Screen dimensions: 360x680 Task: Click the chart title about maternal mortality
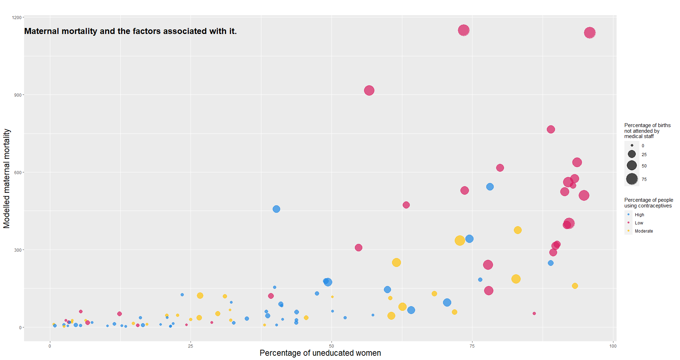tap(130, 31)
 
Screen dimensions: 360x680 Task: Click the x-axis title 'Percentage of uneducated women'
tap(320, 353)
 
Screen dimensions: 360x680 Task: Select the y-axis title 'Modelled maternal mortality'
tap(7, 178)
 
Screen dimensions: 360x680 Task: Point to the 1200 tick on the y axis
tap(16, 17)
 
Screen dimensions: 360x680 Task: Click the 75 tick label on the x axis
tap(472, 346)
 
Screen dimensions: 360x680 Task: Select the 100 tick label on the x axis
tap(613, 346)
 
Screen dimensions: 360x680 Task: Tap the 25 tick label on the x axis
tap(191, 346)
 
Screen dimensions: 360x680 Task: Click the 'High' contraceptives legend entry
tap(639, 215)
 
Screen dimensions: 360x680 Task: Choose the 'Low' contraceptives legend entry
tap(639, 223)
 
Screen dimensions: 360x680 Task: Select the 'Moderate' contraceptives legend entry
tap(644, 231)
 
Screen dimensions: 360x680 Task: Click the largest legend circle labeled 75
tap(632, 179)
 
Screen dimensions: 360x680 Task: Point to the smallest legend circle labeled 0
tap(632, 145)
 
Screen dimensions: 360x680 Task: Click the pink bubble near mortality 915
tap(369, 91)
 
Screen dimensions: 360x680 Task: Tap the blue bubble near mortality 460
tap(276, 209)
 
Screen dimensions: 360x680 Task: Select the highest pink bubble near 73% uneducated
tap(464, 30)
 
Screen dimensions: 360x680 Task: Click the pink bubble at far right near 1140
tap(590, 33)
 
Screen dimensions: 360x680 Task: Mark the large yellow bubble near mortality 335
tap(460, 241)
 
